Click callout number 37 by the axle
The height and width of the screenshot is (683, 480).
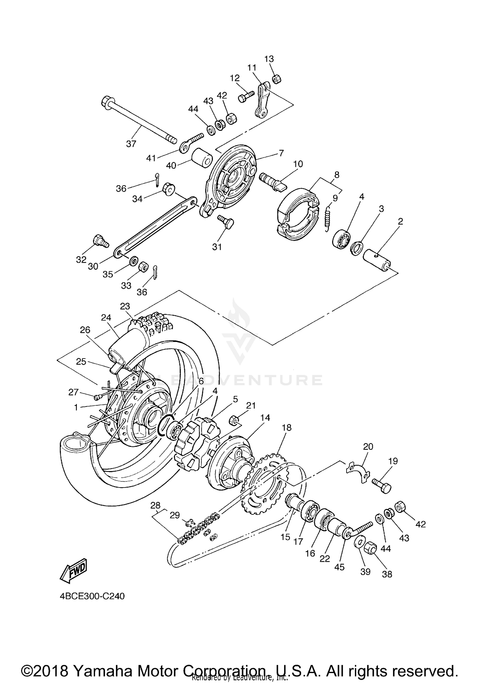tap(131, 144)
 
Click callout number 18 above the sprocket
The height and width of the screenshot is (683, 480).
tap(287, 428)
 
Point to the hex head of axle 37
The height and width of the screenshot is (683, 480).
tap(106, 103)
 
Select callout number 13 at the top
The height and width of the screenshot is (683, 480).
tap(269, 59)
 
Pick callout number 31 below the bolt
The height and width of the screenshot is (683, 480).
tap(217, 247)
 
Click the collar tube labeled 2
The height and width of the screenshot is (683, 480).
tap(378, 258)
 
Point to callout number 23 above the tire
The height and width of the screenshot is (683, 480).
tap(125, 306)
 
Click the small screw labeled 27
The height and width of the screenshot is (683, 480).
tap(97, 397)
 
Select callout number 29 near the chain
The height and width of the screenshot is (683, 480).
tap(175, 515)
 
